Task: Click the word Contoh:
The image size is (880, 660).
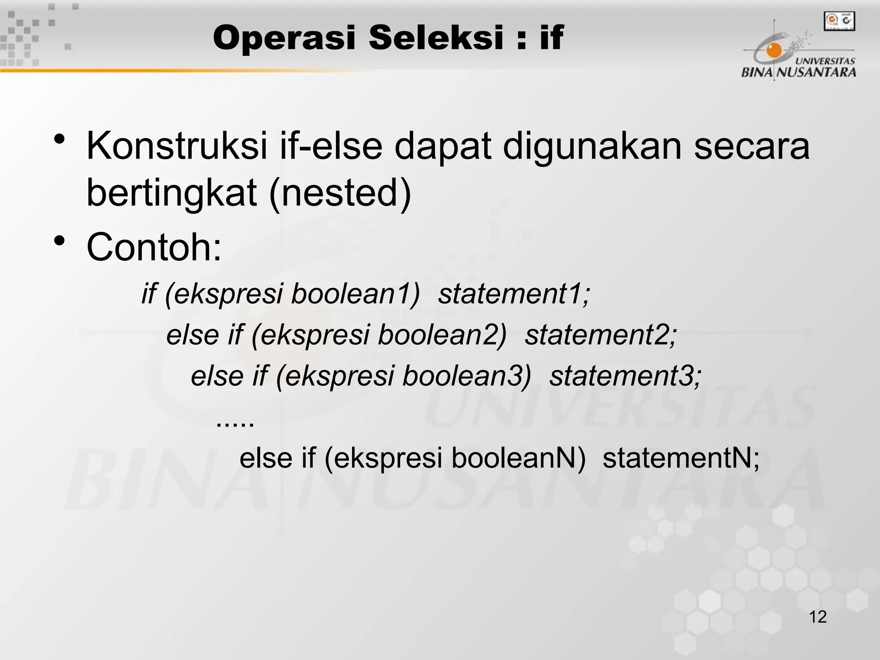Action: (154, 247)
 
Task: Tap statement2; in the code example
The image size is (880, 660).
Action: (601, 335)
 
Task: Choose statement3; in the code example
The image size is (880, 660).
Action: (625, 376)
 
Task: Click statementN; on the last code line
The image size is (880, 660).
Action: (681, 458)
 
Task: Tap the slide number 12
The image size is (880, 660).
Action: (818, 617)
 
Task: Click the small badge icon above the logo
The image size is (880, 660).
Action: (839, 21)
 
